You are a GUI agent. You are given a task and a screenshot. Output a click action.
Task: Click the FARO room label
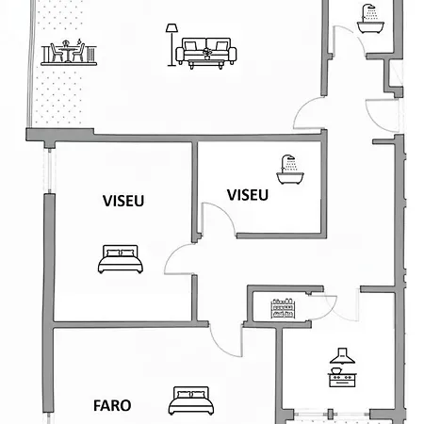(112, 405)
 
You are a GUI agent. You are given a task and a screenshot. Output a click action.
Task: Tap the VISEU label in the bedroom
(123, 201)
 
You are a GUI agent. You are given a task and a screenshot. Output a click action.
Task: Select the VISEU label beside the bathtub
(248, 195)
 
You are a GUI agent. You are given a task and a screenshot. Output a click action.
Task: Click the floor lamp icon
(171, 45)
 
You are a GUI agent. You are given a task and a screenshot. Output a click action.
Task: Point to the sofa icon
(206, 50)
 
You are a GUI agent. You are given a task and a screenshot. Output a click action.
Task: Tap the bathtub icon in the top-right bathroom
(370, 19)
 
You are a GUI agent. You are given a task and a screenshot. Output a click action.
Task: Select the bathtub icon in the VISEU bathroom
(290, 170)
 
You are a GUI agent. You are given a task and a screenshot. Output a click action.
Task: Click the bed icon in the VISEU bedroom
(121, 259)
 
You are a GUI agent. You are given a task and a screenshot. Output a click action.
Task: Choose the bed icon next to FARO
(191, 400)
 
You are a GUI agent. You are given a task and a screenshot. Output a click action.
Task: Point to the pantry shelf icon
(283, 308)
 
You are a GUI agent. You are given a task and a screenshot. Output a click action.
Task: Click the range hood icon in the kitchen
(342, 356)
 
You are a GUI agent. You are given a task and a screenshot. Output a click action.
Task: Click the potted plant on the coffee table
(207, 54)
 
